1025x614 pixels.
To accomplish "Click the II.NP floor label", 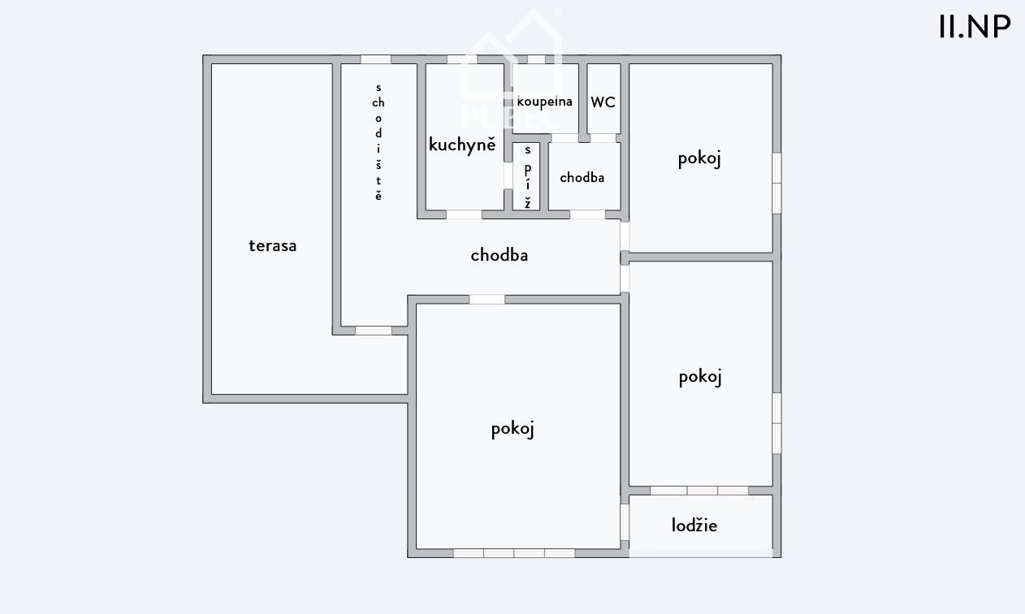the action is coord(975,27).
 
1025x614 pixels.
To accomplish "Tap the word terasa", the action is coord(273,246).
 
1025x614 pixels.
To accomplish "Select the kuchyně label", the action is coord(462,144).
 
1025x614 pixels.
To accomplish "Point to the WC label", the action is coord(603,102).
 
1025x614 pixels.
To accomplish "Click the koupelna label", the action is coord(544,102).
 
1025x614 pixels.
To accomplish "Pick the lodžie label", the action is coord(694,525).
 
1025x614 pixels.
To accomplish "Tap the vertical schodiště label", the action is coord(378,142).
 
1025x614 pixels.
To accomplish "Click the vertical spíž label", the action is coord(528,177).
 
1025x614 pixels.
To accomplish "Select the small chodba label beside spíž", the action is coord(582,178).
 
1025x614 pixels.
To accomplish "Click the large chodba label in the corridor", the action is coord(500,255).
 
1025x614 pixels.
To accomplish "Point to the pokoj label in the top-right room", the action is coord(699,159).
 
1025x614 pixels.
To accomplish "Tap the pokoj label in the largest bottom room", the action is coord(512,429).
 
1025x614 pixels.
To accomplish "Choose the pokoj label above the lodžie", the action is coord(700,378).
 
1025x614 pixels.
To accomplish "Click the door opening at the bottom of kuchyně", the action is coord(464,214).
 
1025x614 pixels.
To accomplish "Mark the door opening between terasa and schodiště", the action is coord(374,331).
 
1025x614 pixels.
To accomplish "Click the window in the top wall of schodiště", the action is coord(376,59).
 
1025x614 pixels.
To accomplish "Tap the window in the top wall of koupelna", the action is coord(536,59).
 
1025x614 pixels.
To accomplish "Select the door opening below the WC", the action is coord(603,138).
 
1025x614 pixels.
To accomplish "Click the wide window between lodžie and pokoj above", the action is coord(699,491).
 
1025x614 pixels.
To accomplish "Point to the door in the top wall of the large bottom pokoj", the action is coord(487,300).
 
